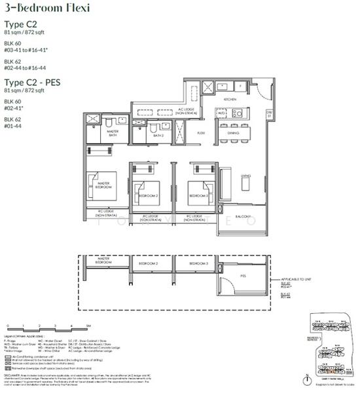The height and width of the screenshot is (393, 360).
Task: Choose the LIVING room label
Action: click(x=246, y=176)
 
